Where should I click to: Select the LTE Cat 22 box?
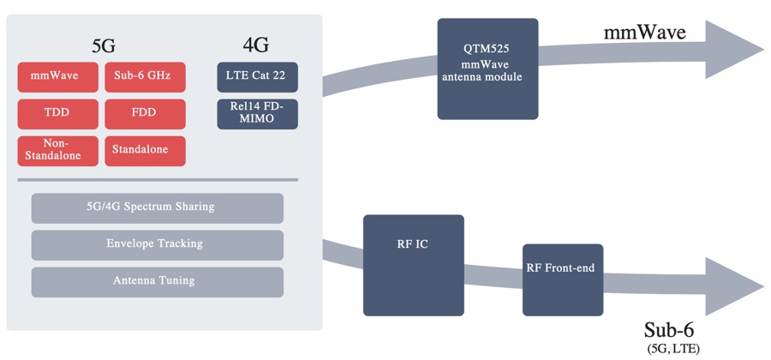(257, 77)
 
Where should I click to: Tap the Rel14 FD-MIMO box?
(257, 113)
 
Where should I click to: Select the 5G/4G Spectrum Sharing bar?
(157, 207)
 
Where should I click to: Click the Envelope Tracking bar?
(157, 244)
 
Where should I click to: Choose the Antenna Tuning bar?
(157, 281)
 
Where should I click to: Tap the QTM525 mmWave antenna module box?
(487, 69)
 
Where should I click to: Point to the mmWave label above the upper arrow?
(644, 33)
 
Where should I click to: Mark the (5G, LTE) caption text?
(674, 349)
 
